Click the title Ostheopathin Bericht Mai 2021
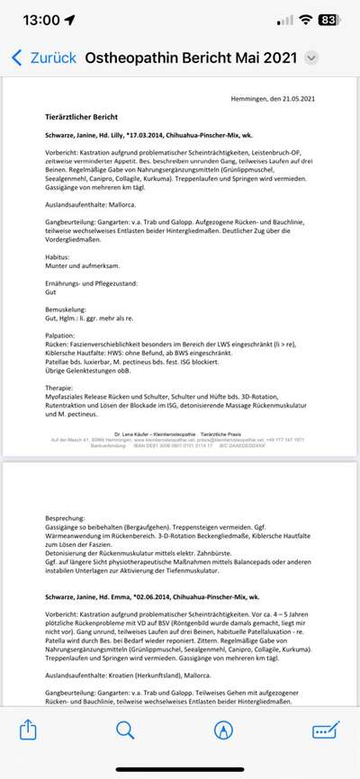click(x=192, y=58)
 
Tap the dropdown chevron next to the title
click(x=311, y=58)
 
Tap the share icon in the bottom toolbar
click(x=28, y=730)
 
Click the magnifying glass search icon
click(x=125, y=730)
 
